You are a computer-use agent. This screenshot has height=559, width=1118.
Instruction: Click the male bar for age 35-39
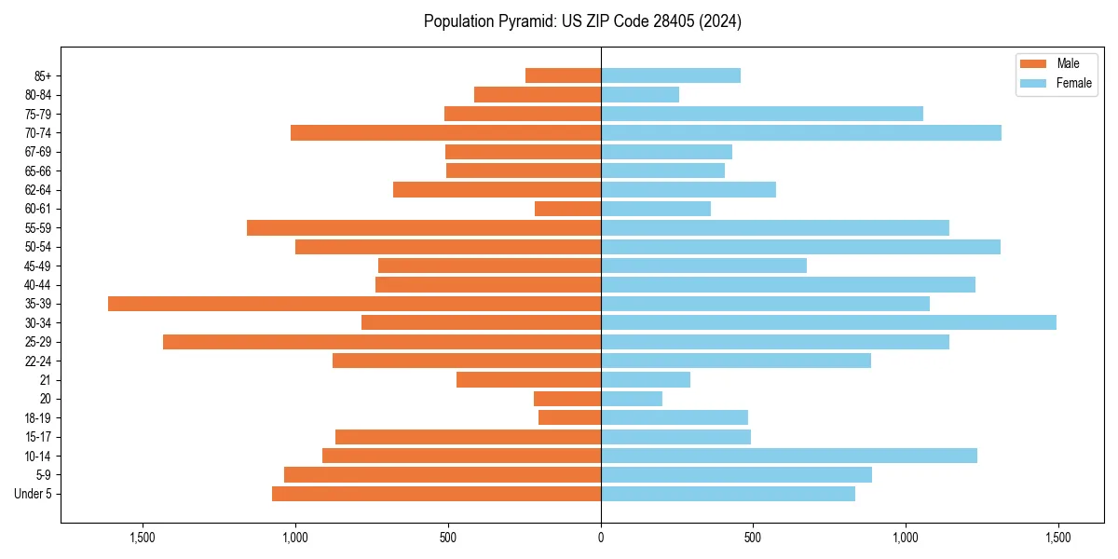pyautogui.click(x=354, y=304)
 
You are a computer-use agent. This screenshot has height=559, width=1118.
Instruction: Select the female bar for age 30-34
pyautogui.click(x=828, y=322)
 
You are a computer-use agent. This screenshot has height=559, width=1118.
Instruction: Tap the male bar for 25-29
pyautogui.click(x=382, y=342)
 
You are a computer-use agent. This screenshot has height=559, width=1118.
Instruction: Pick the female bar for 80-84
pyautogui.click(x=640, y=94)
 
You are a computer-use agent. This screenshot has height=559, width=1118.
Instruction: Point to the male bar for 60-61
pyautogui.click(x=567, y=209)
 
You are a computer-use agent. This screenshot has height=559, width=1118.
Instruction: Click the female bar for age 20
pyautogui.click(x=632, y=399)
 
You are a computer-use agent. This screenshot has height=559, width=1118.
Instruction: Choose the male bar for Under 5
pyautogui.click(x=436, y=494)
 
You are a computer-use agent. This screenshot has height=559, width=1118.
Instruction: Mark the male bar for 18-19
pyautogui.click(x=569, y=417)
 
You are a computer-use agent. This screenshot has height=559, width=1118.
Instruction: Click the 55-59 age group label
pyautogui.click(x=38, y=227)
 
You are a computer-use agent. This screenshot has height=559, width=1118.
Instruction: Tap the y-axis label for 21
pyautogui.click(x=46, y=380)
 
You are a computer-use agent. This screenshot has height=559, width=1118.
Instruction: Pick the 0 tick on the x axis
pyautogui.click(x=601, y=538)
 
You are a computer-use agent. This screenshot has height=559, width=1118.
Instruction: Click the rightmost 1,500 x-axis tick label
pyautogui.click(x=1057, y=538)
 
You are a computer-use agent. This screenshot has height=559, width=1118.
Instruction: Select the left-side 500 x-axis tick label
pyautogui.click(x=448, y=538)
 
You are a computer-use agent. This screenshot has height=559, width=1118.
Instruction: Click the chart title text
pyautogui.click(x=582, y=21)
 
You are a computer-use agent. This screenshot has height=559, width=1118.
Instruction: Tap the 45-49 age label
pyautogui.click(x=38, y=266)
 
